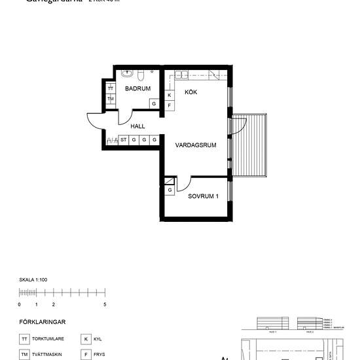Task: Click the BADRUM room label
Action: (x=138, y=88)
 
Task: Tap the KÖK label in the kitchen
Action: (x=190, y=92)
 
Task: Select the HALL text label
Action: (x=137, y=126)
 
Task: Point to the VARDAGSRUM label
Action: (x=195, y=146)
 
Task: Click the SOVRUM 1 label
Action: (x=204, y=196)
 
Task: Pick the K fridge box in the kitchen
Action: (x=170, y=95)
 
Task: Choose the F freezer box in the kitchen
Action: (x=170, y=105)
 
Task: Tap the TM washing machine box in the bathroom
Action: (x=111, y=99)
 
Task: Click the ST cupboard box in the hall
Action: (x=123, y=139)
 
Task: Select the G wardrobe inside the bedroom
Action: (x=170, y=190)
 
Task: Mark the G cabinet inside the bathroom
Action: (x=154, y=103)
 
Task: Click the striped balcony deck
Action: (x=251, y=145)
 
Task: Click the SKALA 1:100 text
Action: (x=33, y=279)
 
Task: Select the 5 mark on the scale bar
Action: (x=105, y=304)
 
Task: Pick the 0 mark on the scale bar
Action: (x=19, y=304)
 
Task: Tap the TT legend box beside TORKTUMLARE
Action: (x=24, y=339)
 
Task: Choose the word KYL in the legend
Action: (x=98, y=339)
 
